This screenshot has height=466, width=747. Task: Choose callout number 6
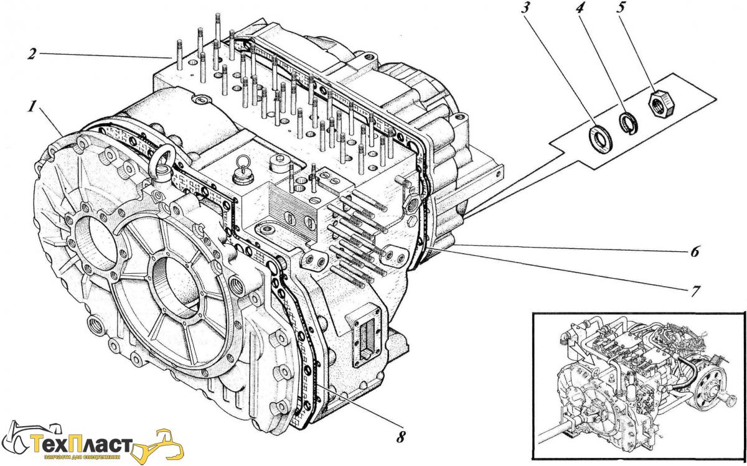click(x=695, y=252)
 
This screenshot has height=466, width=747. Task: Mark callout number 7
click(x=695, y=290)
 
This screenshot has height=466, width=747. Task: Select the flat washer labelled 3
click(x=601, y=137)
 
